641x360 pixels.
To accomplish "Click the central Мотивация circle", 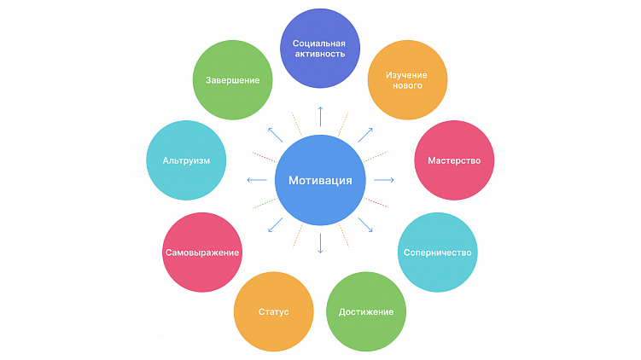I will [320, 180].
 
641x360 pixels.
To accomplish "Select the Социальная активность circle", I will [318, 48].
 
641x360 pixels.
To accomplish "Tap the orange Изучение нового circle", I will [407, 80].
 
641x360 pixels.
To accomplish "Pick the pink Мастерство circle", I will [454, 160].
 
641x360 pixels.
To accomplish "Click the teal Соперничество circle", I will [438, 253].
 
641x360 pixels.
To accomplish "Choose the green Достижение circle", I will [366, 311].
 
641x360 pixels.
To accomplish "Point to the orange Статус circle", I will [273, 311].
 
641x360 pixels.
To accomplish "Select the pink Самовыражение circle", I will [201, 253].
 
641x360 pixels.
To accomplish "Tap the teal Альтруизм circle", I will [186, 160].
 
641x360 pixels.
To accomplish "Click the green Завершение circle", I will [232, 80].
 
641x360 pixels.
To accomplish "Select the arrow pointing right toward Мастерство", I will [384, 180].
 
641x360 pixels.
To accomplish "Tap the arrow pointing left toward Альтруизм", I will [255, 180].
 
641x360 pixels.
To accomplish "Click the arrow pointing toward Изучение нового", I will [364, 134].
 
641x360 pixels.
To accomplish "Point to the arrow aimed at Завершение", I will [274, 134].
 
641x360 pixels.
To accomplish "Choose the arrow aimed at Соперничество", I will [365, 225].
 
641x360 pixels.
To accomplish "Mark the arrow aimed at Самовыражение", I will [274, 225].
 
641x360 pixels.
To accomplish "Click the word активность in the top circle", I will [318, 54].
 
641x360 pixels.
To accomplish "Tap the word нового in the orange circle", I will [407, 86].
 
